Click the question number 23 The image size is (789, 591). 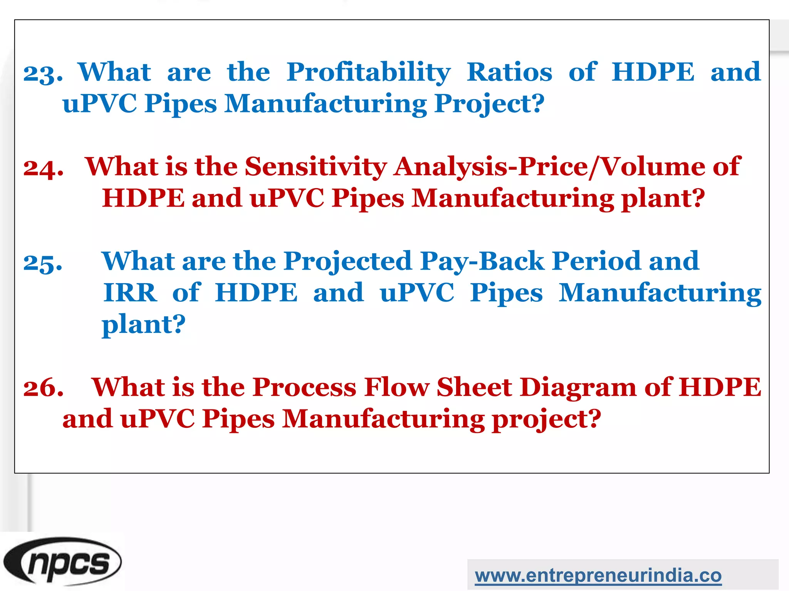42,73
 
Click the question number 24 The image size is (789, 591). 43,168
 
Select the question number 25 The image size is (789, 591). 42,262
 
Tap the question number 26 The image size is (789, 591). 43,388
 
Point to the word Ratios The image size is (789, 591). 509,72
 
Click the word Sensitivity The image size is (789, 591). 316,167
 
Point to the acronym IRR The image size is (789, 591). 130,293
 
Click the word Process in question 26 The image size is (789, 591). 304,387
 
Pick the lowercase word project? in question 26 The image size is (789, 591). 546,419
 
